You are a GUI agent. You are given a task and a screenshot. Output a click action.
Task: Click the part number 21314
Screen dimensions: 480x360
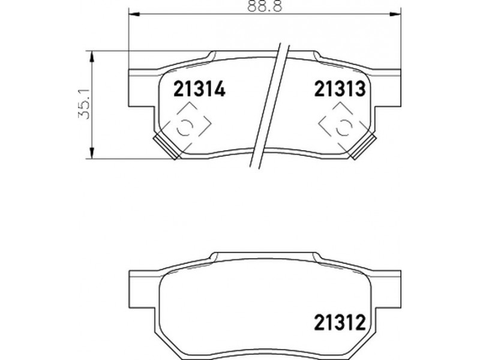tap(199, 89)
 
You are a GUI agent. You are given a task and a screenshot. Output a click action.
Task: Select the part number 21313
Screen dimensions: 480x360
tap(340, 89)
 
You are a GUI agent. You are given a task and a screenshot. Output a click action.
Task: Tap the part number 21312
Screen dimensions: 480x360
tap(340, 322)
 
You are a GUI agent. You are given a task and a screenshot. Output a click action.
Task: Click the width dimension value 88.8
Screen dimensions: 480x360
tap(265, 6)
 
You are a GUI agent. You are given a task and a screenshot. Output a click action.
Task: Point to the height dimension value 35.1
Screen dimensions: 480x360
tap(84, 104)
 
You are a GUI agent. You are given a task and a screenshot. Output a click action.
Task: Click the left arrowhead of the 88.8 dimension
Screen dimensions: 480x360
tap(134, 14)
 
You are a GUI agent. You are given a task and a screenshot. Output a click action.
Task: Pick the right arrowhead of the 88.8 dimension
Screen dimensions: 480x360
tap(395, 14)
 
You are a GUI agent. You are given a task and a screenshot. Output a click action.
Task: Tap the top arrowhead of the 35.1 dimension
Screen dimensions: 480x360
tap(92, 57)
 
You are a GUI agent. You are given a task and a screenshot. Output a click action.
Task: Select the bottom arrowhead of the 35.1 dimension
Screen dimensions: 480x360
tap(92, 153)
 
